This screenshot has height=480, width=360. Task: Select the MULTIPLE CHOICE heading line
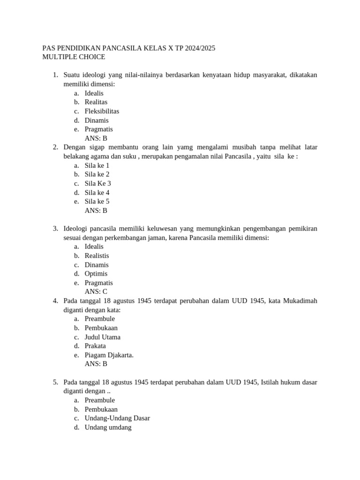74,57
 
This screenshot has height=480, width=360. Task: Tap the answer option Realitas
96,102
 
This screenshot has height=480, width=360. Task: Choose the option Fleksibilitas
102,111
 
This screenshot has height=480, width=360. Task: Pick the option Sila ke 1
97,165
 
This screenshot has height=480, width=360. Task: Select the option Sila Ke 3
97,183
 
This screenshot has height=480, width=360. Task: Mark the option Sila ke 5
97,202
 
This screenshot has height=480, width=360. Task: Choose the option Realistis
97,256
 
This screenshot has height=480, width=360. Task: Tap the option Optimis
96,274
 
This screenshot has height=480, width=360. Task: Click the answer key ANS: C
96,292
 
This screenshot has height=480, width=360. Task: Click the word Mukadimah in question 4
300,301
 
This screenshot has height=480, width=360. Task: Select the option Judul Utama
102,337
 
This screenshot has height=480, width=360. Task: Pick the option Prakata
95,346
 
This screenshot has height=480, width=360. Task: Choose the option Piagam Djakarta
109,355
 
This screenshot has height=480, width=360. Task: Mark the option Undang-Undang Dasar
117,418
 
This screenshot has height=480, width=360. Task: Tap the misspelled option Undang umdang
108,427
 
